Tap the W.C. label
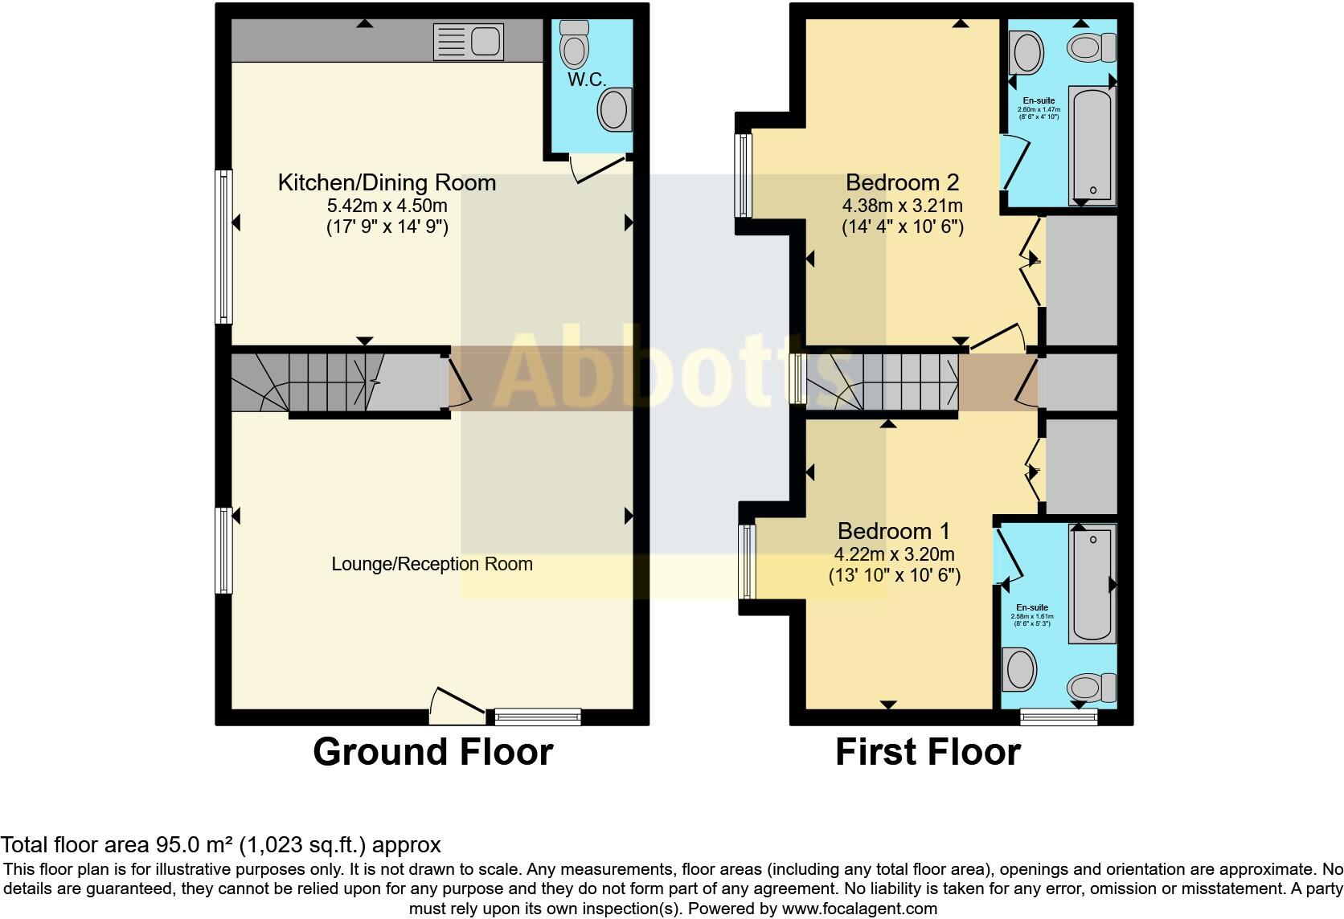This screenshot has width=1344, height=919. pyautogui.click(x=586, y=80)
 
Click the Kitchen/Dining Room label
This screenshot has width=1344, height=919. pyautogui.click(x=387, y=182)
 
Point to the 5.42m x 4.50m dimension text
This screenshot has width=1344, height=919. pyautogui.click(x=387, y=206)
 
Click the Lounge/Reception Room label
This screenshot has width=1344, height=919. pyautogui.click(x=432, y=564)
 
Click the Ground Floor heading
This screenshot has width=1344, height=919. pyautogui.click(x=432, y=752)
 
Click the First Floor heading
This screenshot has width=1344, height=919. pyautogui.click(x=928, y=752)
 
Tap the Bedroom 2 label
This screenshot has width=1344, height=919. pyautogui.click(x=902, y=182)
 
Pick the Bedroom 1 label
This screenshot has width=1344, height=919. pyautogui.click(x=893, y=531)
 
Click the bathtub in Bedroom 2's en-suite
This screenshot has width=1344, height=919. pyautogui.click(x=1092, y=145)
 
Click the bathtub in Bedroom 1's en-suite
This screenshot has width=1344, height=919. pyautogui.click(x=1092, y=584)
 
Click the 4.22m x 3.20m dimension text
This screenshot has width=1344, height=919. pyautogui.click(x=894, y=554)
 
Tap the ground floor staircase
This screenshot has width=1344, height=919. pyautogui.click(x=330, y=382)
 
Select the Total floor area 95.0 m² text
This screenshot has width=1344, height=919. pyautogui.click(x=220, y=845)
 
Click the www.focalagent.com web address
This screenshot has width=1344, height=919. pyautogui.click(x=859, y=909)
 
